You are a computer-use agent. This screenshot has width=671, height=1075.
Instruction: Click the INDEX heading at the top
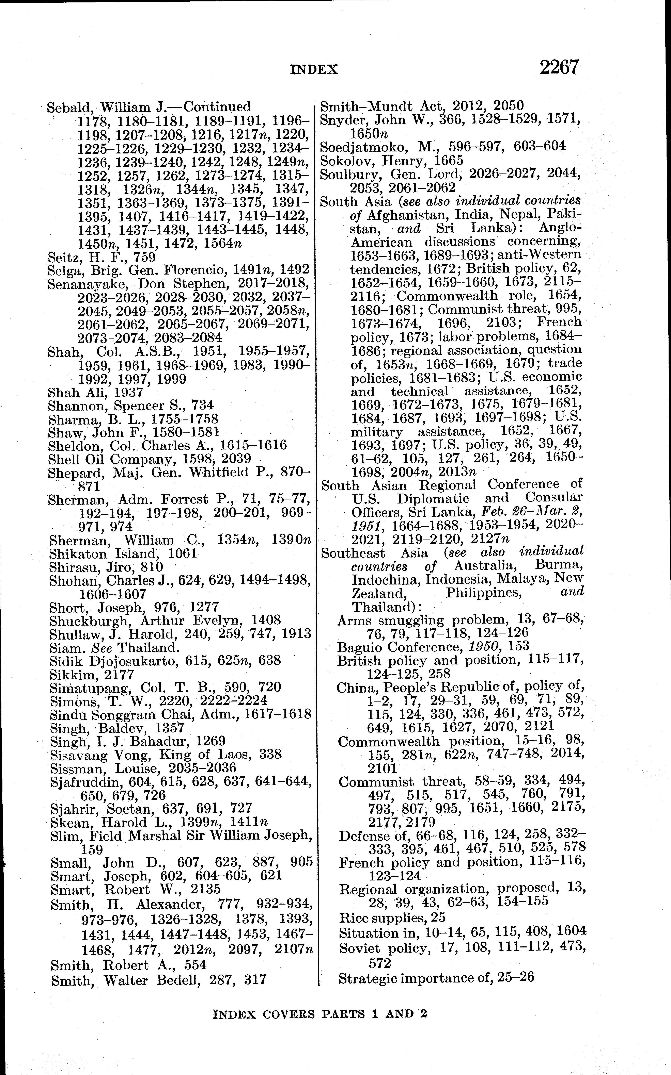314,69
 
